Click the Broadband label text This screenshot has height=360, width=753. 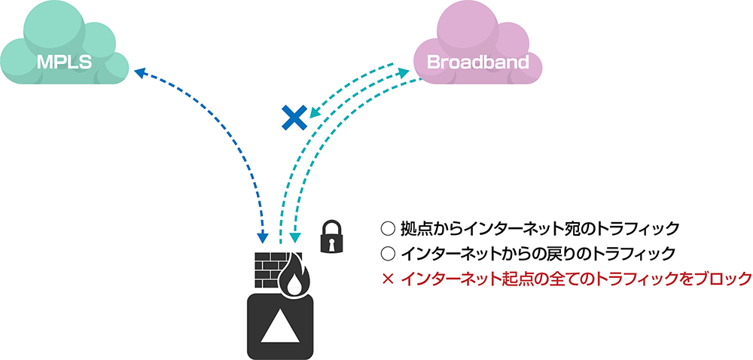pyautogui.click(x=477, y=62)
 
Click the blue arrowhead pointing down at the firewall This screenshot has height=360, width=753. pyautogui.click(x=263, y=238)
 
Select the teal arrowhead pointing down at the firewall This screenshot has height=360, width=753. pyautogui.click(x=295, y=238)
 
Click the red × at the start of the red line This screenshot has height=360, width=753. pyautogui.click(x=389, y=279)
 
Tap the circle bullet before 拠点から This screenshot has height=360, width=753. pyautogui.click(x=389, y=227)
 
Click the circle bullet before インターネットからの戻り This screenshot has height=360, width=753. pyautogui.click(x=389, y=254)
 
